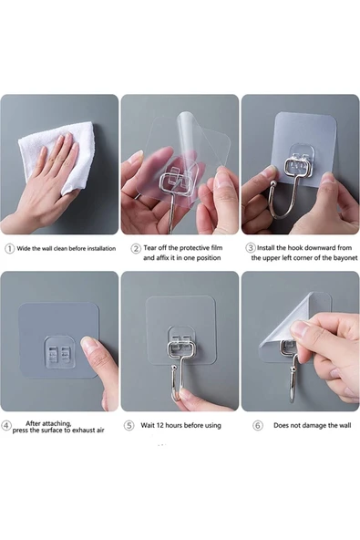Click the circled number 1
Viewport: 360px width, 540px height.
click(x=10, y=249)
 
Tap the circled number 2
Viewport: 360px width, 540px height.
click(x=136, y=249)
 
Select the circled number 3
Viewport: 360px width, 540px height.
click(x=251, y=247)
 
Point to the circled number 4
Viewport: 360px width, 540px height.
click(x=6, y=425)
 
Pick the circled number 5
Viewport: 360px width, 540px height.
click(x=129, y=426)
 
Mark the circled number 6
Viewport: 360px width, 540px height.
click(x=258, y=426)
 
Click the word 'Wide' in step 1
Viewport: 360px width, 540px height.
click(x=24, y=248)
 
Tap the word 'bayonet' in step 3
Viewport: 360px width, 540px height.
click(x=345, y=258)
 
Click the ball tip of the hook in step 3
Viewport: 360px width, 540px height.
click(x=273, y=183)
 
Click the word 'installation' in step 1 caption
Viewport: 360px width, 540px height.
click(x=101, y=248)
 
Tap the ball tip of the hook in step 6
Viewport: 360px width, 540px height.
click(x=293, y=369)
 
